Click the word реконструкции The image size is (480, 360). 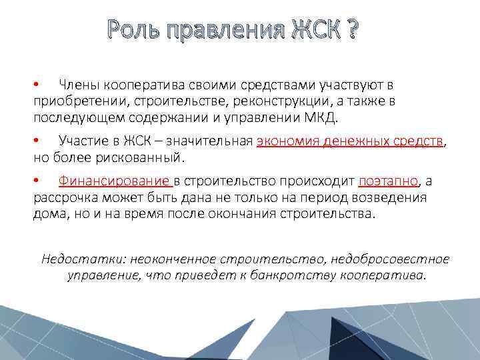pyautogui.click(x=279, y=101)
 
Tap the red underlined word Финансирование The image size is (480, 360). pyautogui.click(x=115, y=181)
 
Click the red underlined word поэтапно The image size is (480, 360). pyautogui.click(x=389, y=181)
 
